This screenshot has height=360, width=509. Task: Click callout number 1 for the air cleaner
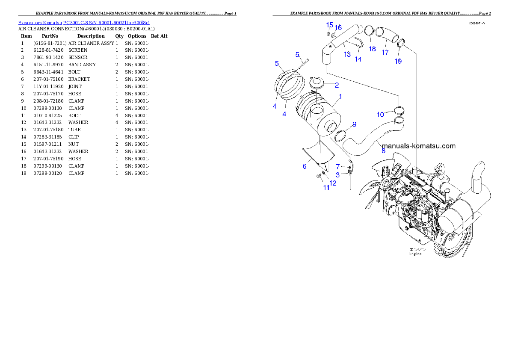click(x=340, y=97)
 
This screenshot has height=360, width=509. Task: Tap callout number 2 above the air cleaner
click(x=337, y=85)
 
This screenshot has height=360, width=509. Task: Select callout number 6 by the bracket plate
click(x=305, y=166)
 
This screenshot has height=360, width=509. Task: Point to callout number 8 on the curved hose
click(x=383, y=150)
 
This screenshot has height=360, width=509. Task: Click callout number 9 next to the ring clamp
click(x=354, y=124)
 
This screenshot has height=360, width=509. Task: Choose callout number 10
click(x=380, y=114)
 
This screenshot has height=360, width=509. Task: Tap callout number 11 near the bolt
click(x=326, y=187)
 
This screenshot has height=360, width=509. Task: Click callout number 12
click(x=332, y=183)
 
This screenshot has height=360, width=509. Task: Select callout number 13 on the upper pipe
click(x=347, y=54)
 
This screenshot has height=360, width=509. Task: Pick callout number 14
click(x=358, y=59)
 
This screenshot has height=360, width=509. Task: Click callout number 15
click(x=330, y=25)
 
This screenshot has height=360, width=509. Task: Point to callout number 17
click(x=385, y=53)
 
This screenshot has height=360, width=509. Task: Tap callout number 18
click(x=372, y=49)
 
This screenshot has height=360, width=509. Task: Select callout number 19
click(x=398, y=61)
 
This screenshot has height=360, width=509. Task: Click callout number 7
click(x=337, y=166)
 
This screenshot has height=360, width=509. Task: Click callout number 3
click(x=337, y=174)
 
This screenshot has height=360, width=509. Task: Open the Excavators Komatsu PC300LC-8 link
click(x=84, y=23)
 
